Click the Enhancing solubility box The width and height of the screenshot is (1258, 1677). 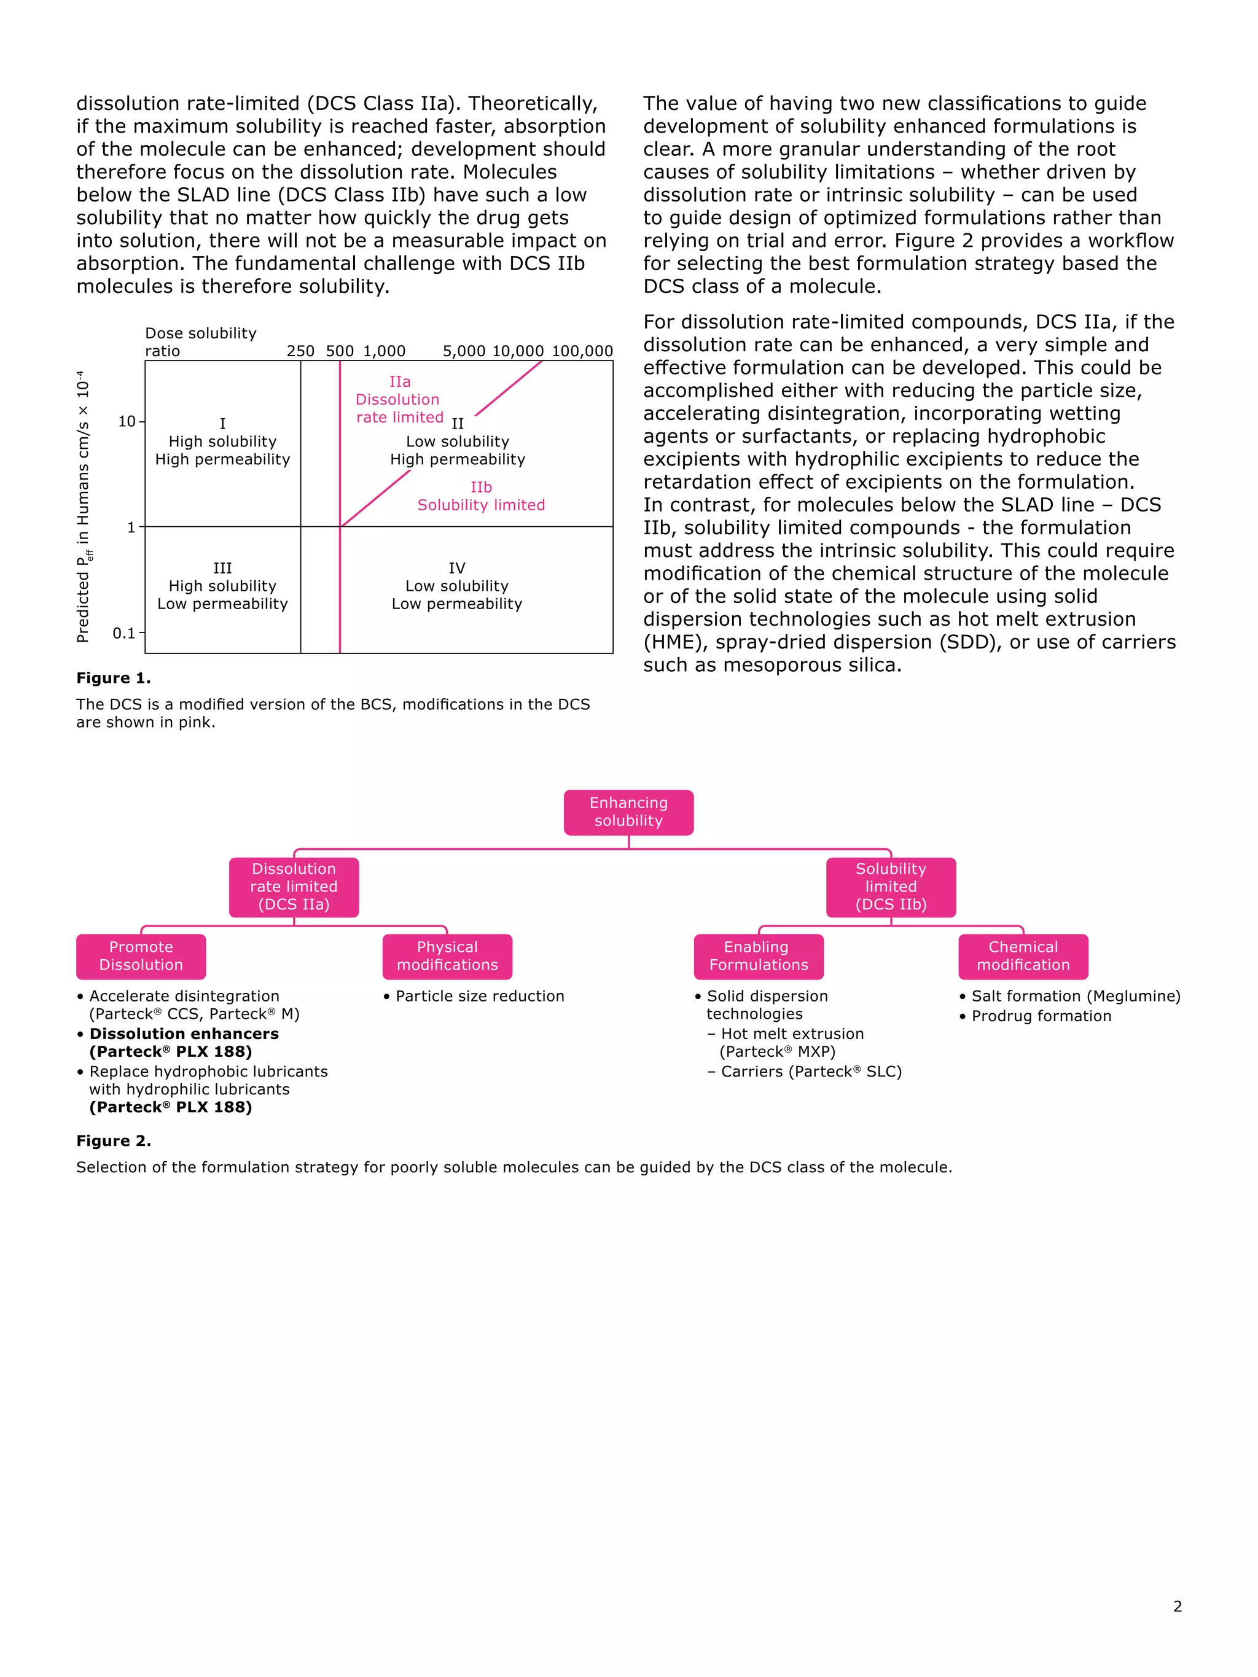point(628,812)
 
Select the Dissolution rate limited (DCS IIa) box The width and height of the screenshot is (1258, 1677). point(294,886)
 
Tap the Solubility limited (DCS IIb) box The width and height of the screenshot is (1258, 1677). point(890,886)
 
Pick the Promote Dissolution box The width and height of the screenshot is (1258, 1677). point(141,956)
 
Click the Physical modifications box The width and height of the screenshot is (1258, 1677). point(447,956)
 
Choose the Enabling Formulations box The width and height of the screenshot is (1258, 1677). point(758,956)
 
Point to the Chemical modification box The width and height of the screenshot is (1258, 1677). point(1022,956)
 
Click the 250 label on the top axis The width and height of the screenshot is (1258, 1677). point(300,351)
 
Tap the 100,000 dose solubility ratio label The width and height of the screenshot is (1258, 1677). point(582,351)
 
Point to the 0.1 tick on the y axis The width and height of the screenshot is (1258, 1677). point(123,632)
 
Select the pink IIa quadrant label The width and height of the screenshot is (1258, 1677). point(400,382)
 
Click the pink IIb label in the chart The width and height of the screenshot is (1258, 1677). point(481,487)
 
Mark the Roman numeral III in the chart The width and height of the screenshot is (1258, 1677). point(222,568)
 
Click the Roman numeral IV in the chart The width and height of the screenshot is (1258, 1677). point(456,568)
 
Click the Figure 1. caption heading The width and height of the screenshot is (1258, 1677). point(113,678)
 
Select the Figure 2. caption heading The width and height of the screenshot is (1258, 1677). point(113,1140)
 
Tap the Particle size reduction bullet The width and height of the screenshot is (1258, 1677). point(479,996)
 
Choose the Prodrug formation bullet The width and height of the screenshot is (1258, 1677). point(1041,1016)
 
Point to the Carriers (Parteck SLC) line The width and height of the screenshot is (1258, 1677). point(810,1072)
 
